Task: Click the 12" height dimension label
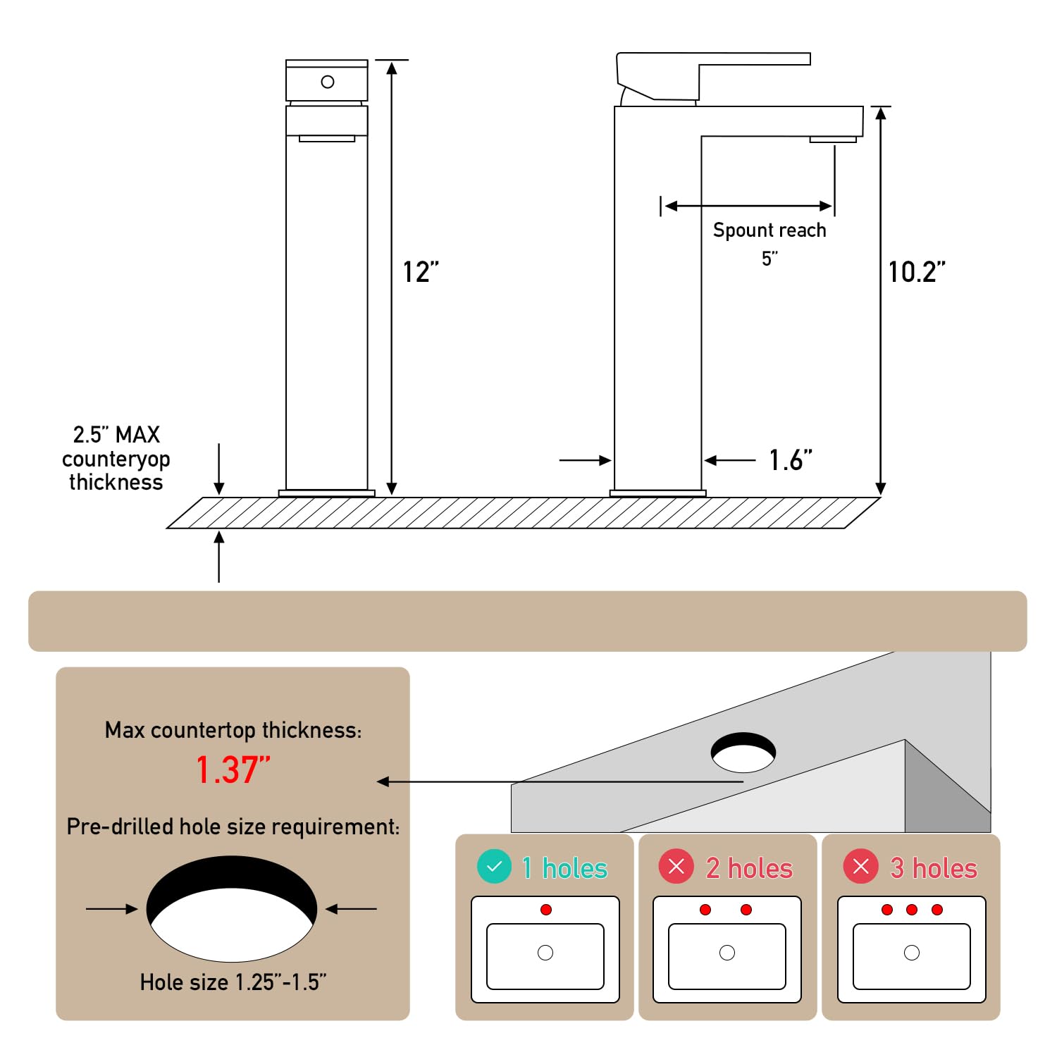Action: (x=421, y=272)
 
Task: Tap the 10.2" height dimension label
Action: (x=917, y=272)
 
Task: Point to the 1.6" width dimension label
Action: (x=791, y=460)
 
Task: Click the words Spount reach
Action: (x=769, y=230)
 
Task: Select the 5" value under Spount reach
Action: (x=769, y=259)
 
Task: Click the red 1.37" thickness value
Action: (x=233, y=769)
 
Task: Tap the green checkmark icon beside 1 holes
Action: (x=495, y=867)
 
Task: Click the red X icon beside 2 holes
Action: (x=676, y=867)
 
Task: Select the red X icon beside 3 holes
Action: (x=861, y=867)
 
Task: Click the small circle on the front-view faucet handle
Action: (x=328, y=82)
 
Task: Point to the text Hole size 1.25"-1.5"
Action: (x=233, y=982)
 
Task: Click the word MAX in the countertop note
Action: (x=137, y=434)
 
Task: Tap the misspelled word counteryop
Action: (x=116, y=459)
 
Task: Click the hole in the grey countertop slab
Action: (x=743, y=752)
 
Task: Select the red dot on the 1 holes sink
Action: (x=546, y=910)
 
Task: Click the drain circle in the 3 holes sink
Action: (x=912, y=953)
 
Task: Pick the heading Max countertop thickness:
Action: (x=233, y=730)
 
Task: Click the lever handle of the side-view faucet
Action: (x=713, y=75)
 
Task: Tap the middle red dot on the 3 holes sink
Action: (x=912, y=910)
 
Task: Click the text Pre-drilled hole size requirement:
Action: (x=233, y=827)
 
